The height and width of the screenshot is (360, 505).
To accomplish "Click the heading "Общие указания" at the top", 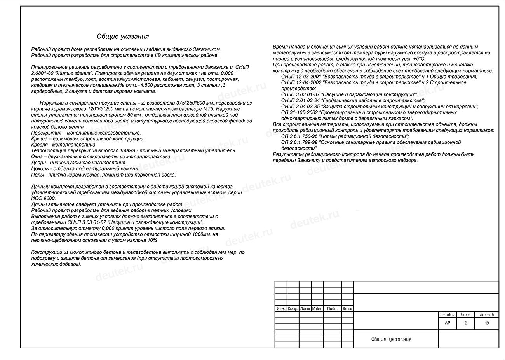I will [122, 37].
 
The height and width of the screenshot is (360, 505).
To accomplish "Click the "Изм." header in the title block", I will [280, 309].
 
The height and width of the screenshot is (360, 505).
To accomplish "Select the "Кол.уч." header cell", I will [293, 309].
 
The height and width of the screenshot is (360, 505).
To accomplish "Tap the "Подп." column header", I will [332, 309].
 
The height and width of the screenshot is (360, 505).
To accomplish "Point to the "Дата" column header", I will [348, 309].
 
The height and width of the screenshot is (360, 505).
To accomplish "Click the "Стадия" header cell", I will [447, 315].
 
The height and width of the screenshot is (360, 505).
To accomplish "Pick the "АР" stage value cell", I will [447, 323].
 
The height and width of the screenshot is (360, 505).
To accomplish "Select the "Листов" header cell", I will [486, 315].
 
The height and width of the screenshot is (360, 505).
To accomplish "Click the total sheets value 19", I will [487, 323].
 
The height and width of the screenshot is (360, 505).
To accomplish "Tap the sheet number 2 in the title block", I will [465, 323].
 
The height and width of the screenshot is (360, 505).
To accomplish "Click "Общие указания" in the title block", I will [391, 339].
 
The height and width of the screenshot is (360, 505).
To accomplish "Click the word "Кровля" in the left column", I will [39, 145].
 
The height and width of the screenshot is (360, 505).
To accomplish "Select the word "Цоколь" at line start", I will [39, 169].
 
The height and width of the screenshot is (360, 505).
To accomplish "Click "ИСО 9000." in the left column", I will [44, 198].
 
